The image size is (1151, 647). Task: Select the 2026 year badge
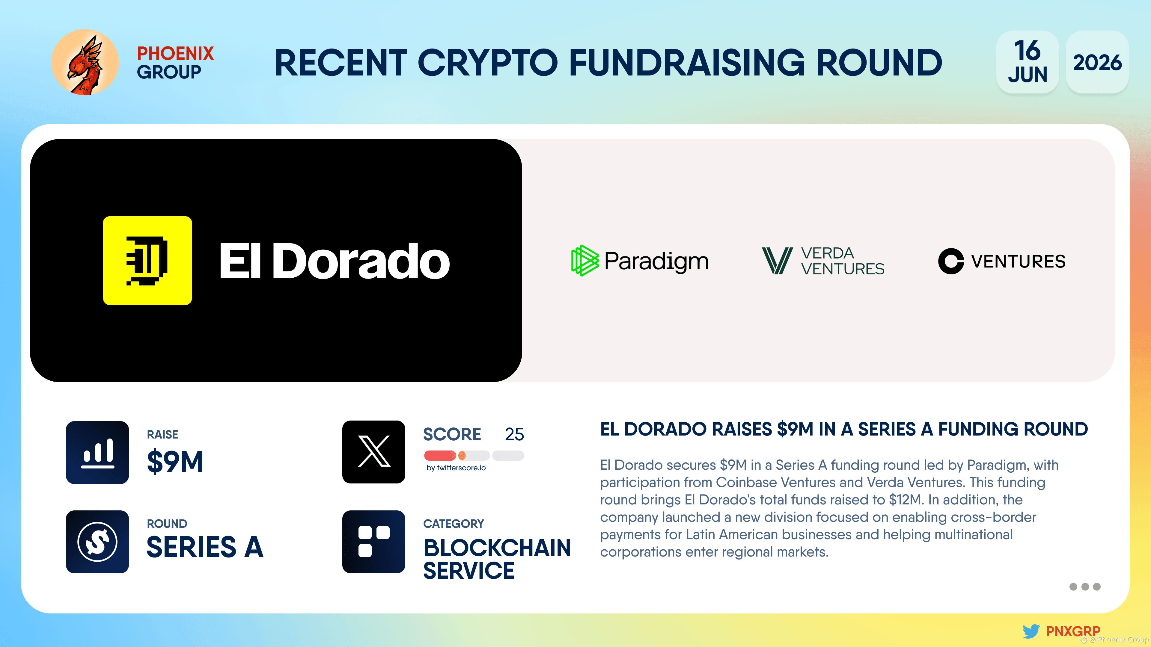[1097, 62]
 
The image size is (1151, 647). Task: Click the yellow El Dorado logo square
[147, 260]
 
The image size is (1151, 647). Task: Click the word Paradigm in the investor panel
[656, 261]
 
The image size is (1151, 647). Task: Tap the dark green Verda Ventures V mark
[777, 261]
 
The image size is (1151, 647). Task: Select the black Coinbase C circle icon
[951, 261]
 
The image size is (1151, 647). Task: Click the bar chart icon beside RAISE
[97, 452]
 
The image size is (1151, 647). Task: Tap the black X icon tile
[373, 452]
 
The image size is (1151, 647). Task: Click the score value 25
[514, 434]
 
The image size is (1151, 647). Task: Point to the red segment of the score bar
[440, 455]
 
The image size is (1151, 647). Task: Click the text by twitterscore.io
[456, 468]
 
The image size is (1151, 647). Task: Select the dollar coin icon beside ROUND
[97, 542]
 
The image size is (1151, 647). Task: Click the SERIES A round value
[205, 547]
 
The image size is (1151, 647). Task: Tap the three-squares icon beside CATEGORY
[373, 542]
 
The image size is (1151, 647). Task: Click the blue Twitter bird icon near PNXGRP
[1031, 631]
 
